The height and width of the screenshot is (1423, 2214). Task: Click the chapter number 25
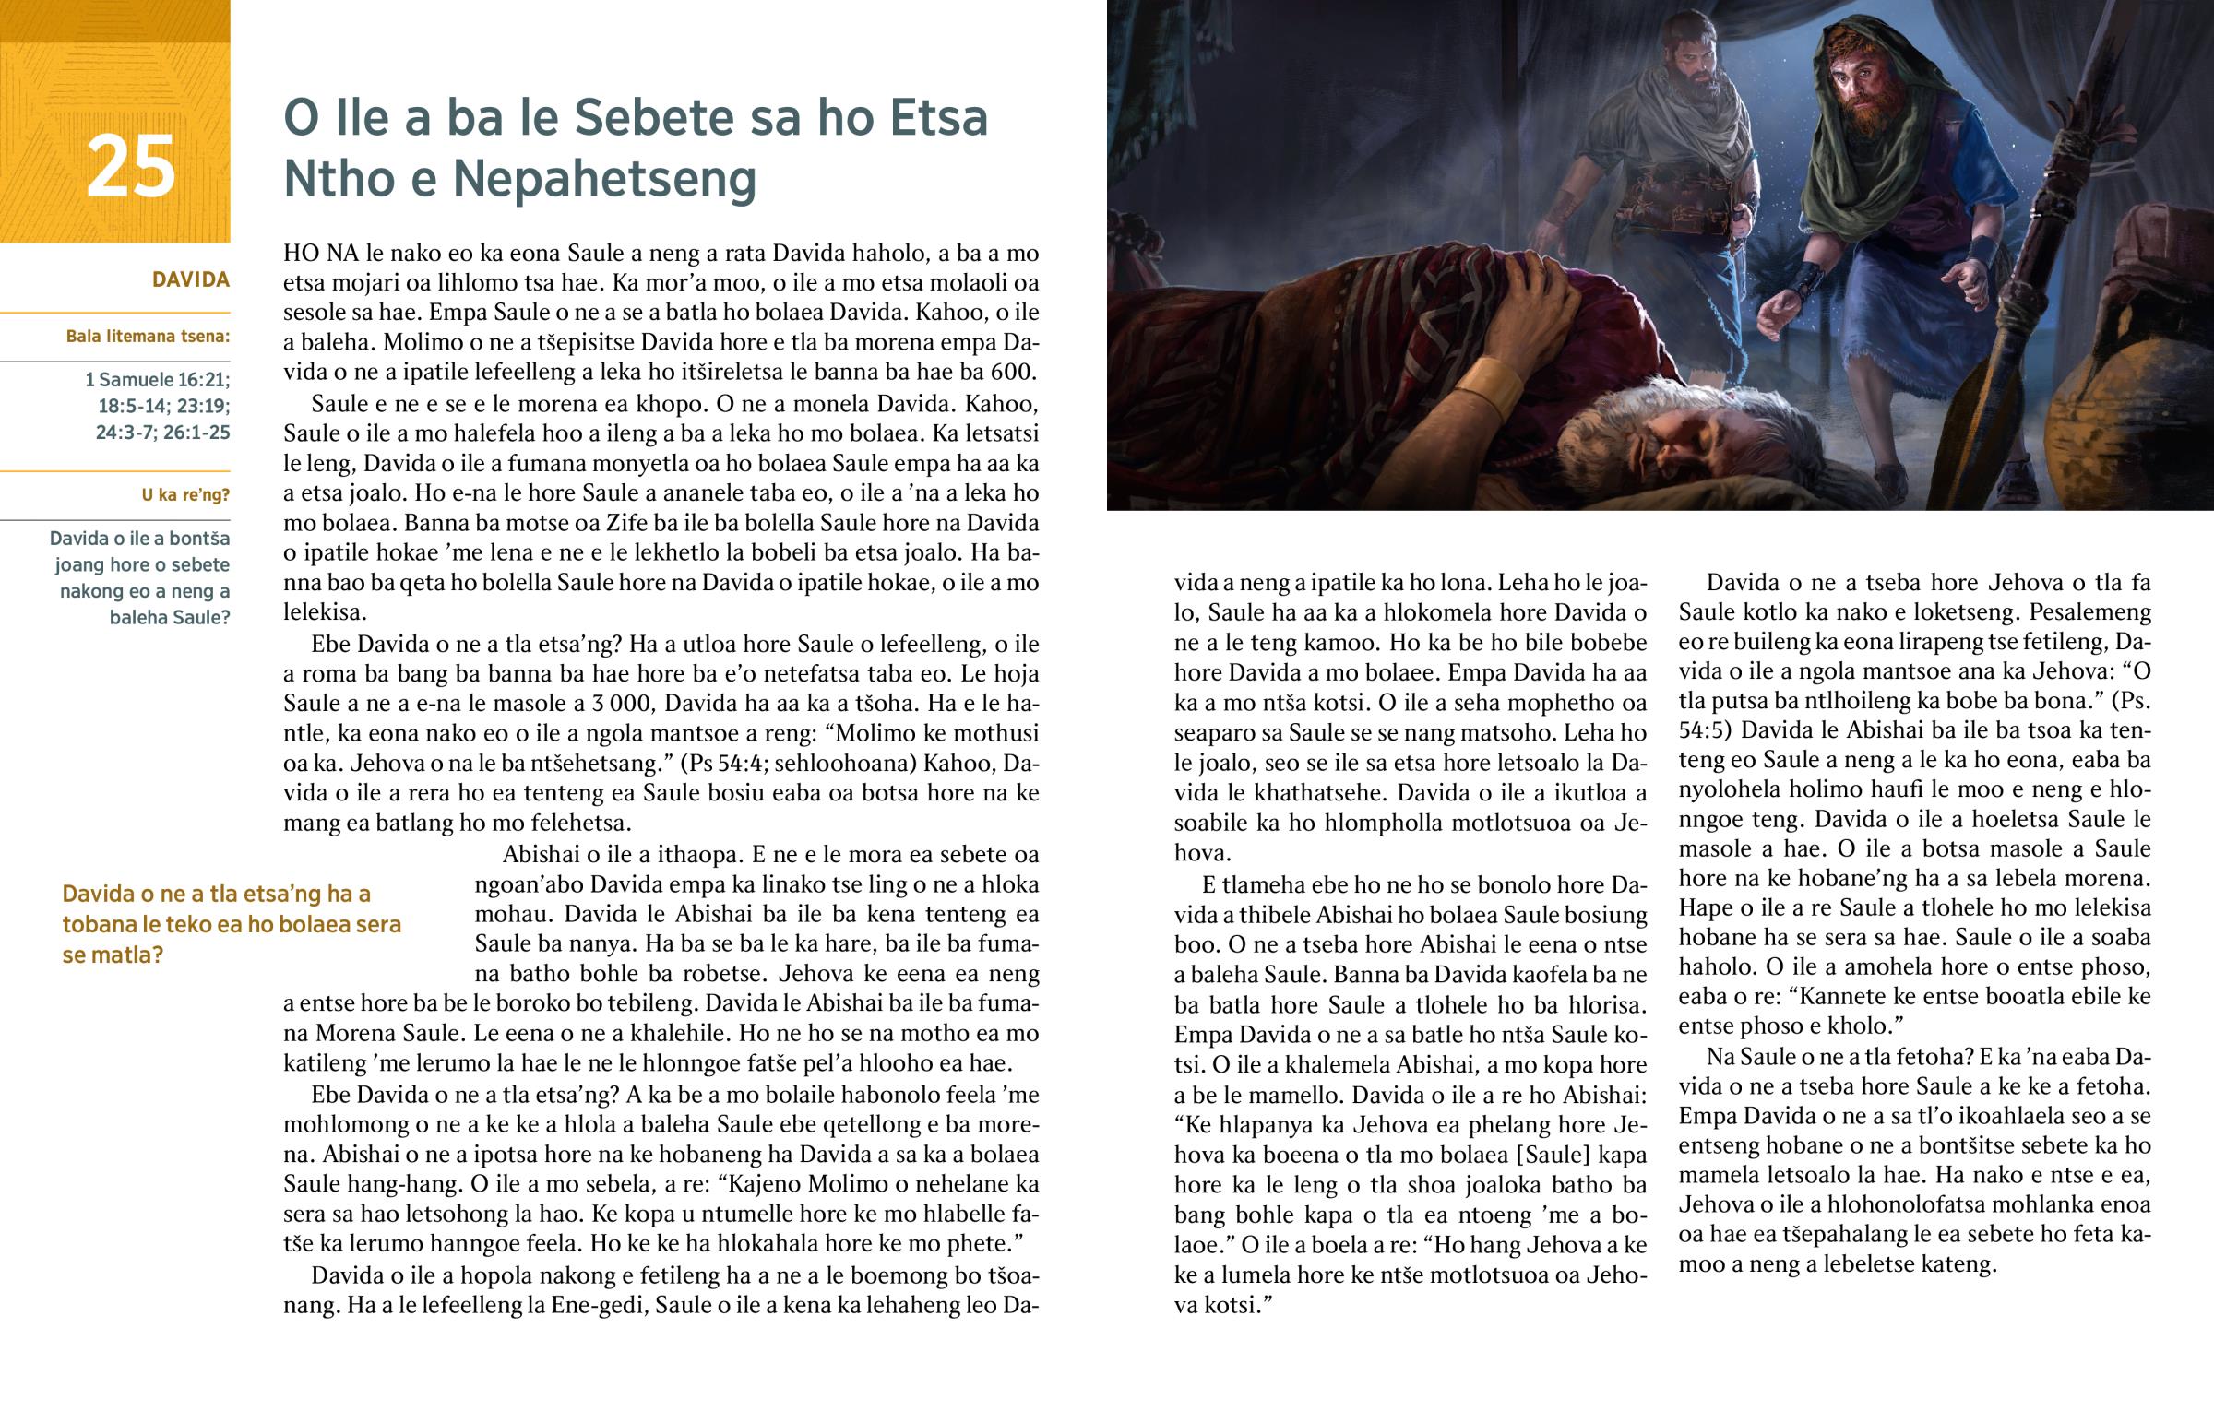point(130,166)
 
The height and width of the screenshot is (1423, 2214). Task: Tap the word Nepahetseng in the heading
point(604,178)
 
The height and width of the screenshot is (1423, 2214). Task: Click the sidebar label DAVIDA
point(190,280)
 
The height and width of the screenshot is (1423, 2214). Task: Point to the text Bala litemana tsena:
point(148,337)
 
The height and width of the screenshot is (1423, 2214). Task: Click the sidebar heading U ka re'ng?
point(184,495)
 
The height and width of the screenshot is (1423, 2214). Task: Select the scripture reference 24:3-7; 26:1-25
point(162,433)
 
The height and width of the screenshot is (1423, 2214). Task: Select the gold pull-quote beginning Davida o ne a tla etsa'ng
point(231,924)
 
